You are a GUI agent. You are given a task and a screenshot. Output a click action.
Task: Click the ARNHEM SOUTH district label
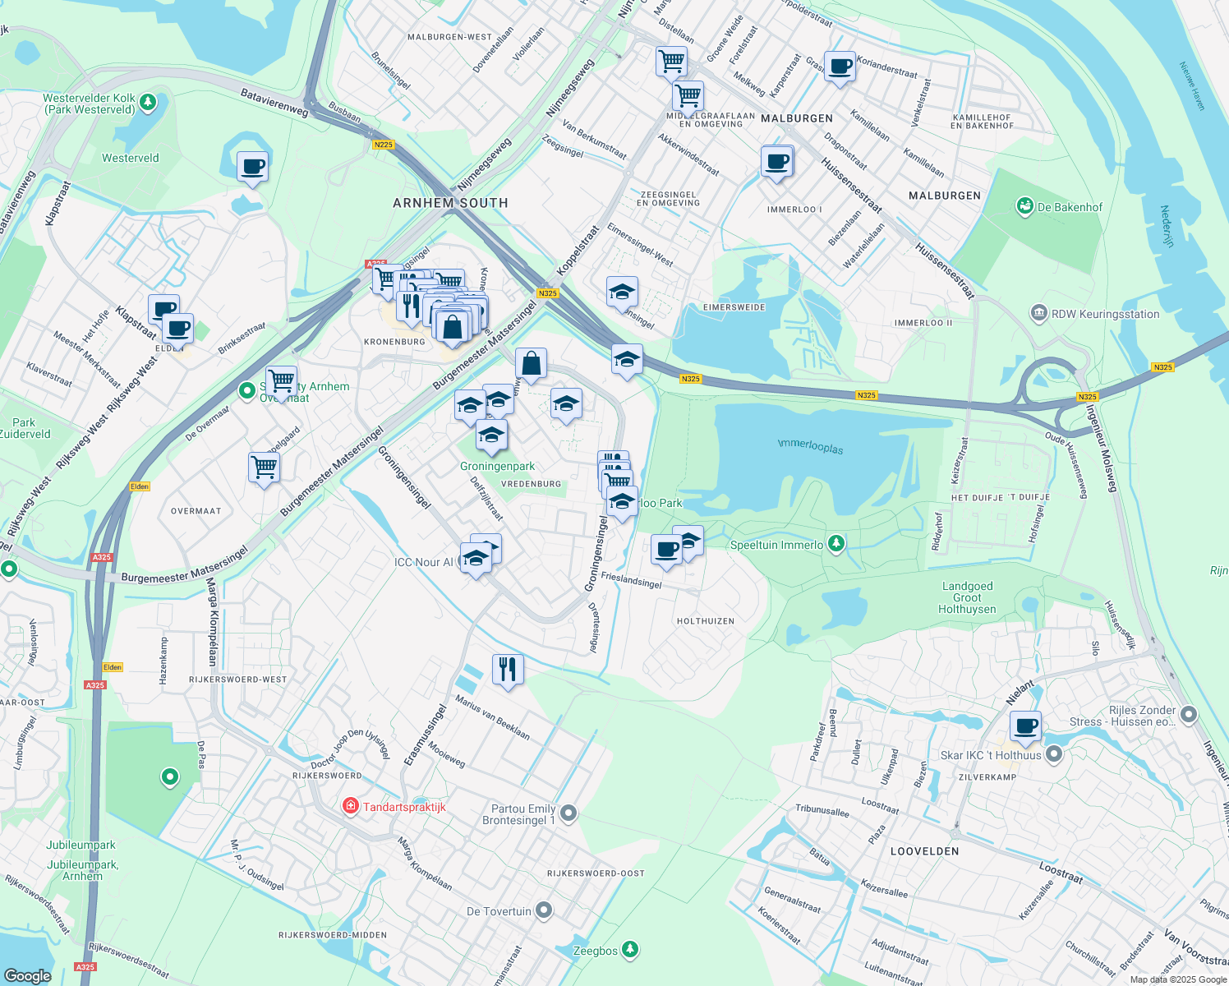pyautogui.click(x=450, y=203)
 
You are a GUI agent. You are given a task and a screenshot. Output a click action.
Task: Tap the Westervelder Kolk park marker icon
pyautogui.click(x=148, y=103)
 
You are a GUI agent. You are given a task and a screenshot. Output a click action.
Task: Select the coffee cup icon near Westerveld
pyautogui.click(x=252, y=167)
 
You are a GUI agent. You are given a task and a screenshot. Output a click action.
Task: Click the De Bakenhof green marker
pyautogui.click(x=1024, y=206)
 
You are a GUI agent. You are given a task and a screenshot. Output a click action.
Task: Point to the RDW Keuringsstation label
pyautogui.click(x=1106, y=314)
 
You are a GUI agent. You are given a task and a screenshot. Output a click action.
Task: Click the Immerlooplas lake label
pyautogui.click(x=810, y=446)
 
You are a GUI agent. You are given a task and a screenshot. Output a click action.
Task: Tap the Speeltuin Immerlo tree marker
pyautogui.click(x=835, y=544)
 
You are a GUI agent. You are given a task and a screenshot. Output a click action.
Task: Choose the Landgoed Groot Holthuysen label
pyautogui.click(x=967, y=597)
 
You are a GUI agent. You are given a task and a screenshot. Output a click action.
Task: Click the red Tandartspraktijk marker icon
pyautogui.click(x=351, y=806)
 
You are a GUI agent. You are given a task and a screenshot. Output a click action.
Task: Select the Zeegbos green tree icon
pyautogui.click(x=630, y=950)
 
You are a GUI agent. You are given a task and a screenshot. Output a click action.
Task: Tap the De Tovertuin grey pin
pyautogui.click(x=544, y=910)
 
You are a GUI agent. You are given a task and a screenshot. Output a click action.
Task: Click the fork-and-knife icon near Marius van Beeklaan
pyautogui.click(x=508, y=669)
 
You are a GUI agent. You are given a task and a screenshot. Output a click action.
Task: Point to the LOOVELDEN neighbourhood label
pyautogui.click(x=924, y=851)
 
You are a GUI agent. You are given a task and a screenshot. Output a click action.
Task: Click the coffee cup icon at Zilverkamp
pyautogui.click(x=1025, y=726)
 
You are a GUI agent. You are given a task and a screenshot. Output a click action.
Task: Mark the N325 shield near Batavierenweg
pyautogui.click(x=383, y=145)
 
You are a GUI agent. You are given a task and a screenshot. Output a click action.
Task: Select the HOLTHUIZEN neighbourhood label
pyautogui.click(x=705, y=621)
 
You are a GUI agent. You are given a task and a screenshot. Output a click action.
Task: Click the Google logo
pyautogui.click(x=27, y=975)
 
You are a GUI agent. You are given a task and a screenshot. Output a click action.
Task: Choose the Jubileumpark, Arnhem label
pyautogui.click(x=82, y=870)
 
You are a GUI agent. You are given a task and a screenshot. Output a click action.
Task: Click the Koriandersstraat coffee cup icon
pyautogui.click(x=840, y=66)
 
